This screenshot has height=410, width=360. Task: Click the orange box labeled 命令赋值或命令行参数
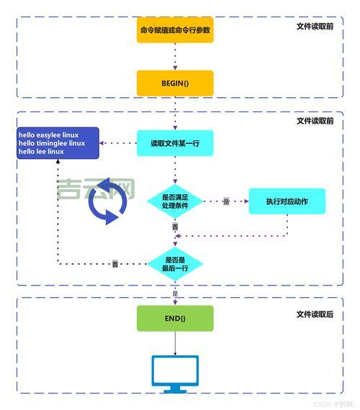175,30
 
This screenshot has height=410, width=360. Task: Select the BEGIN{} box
175,83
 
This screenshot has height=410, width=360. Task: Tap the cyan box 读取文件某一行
175,143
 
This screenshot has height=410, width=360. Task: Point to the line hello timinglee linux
52,143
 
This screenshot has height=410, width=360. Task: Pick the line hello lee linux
42,152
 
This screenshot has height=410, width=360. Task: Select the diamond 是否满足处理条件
175,201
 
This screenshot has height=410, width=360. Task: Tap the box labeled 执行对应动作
287,201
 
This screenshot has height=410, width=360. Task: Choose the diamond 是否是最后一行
175,264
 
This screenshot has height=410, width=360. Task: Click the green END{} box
175,318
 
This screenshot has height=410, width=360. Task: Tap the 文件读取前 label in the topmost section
315,27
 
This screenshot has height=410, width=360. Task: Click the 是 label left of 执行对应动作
225,202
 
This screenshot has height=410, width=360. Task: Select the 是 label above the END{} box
175,293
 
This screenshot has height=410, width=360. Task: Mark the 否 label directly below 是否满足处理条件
175,227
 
